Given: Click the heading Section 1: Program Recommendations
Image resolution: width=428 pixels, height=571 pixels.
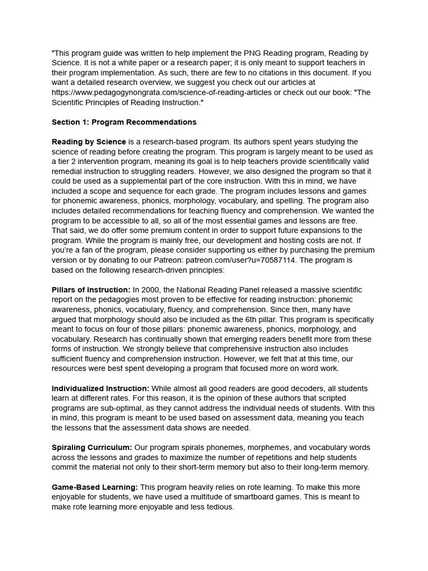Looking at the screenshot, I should point(124,122).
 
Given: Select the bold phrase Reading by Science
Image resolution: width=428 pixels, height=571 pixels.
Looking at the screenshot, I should point(89,142).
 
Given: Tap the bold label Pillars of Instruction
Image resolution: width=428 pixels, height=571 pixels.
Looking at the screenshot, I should point(91,290).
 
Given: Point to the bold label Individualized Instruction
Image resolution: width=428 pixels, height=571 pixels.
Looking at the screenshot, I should point(100,389).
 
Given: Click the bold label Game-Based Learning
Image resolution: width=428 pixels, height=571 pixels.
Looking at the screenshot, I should point(94,487).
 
